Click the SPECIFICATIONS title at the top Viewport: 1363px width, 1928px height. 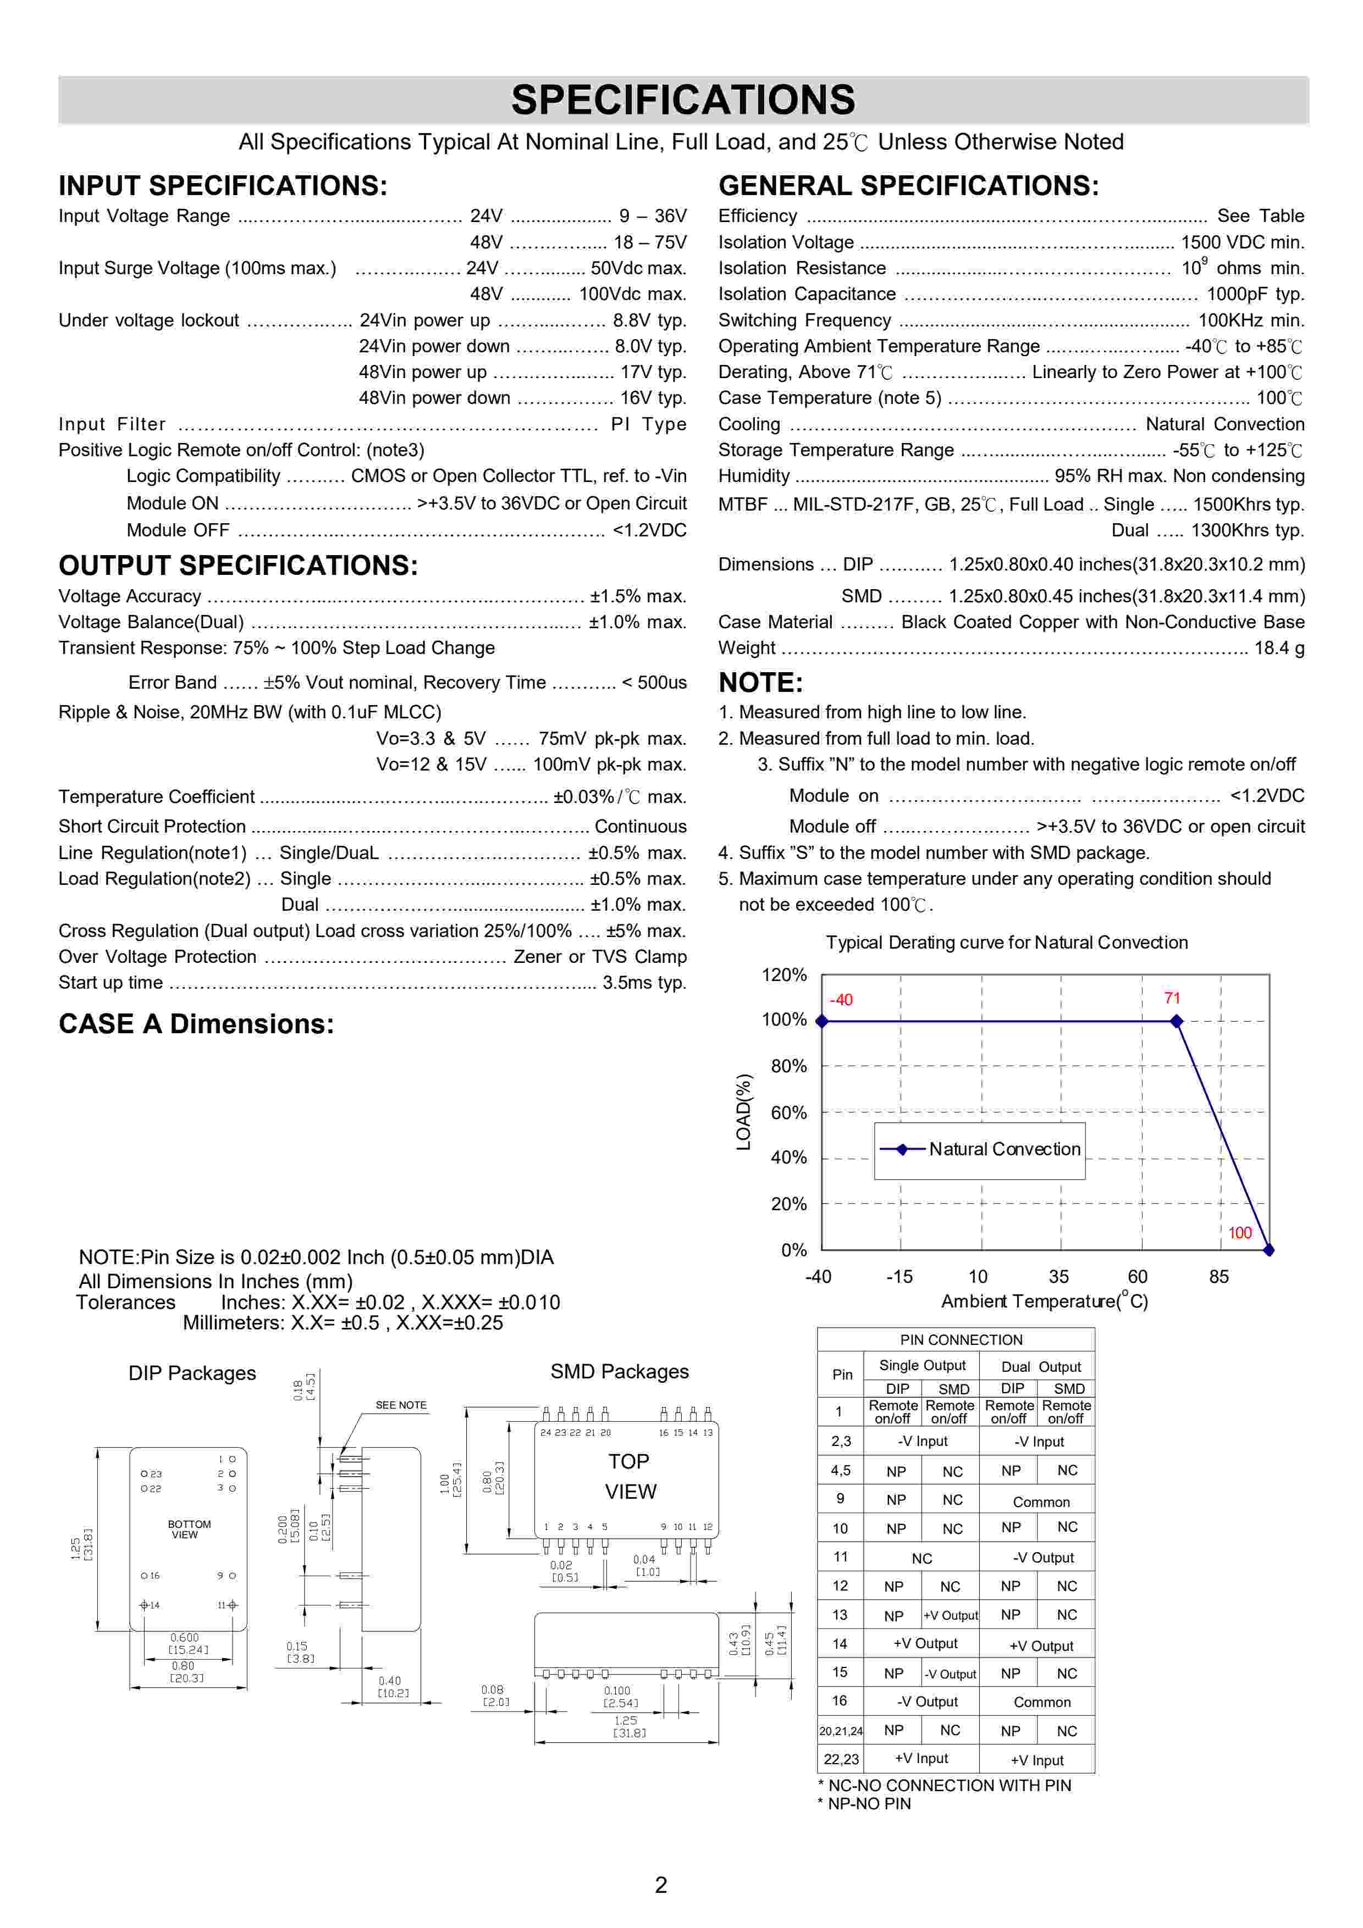[x=683, y=100]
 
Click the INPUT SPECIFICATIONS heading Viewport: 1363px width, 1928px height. [x=223, y=186]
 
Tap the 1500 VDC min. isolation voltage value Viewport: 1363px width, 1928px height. [x=1242, y=243]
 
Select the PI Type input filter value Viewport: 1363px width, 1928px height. [x=648, y=424]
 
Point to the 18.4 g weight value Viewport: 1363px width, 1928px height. [x=1279, y=649]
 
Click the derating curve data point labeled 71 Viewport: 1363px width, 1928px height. [x=1177, y=1021]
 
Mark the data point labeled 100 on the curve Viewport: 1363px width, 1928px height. [x=1269, y=1250]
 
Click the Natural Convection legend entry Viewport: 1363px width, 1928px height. [x=1005, y=1150]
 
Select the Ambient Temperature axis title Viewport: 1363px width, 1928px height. [x=1044, y=1301]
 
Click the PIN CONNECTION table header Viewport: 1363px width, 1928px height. [x=961, y=1340]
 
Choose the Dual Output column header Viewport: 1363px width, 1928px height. [x=1040, y=1367]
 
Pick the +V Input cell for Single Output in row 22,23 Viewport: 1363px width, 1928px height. [x=921, y=1758]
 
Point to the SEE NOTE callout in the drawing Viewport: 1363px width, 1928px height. [x=401, y=1405]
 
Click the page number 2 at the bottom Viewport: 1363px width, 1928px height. [x=661, y=1885]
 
